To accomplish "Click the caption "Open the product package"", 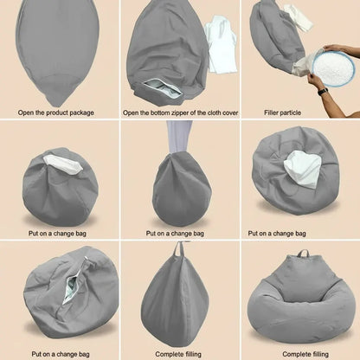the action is point(56,112).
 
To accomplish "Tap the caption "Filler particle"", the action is point(282,112).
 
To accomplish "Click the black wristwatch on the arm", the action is point(324,91).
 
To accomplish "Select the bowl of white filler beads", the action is point(333,67).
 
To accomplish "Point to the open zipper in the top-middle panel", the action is point(163,87).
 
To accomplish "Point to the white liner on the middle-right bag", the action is point(302,170).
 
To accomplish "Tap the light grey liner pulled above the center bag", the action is point(178,137).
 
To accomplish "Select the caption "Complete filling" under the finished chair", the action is point(305,354).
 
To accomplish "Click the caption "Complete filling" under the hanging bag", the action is point(178,354).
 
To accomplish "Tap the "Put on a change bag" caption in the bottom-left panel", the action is point(61,354).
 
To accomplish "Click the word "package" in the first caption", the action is point(82,112).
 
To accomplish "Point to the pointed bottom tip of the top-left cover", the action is point(57,106).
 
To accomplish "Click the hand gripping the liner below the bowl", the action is point(315,80).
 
